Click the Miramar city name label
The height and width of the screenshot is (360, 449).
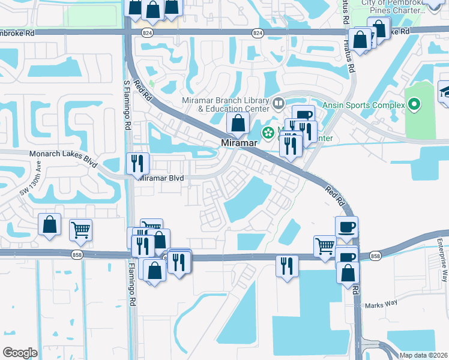coord(239,143)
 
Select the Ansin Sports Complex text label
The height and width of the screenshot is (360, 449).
coord(364,105)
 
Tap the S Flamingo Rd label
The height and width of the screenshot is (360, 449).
coord(127,106)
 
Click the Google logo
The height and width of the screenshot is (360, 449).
coord(20,353)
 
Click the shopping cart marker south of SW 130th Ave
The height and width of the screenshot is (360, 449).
coord(80,229)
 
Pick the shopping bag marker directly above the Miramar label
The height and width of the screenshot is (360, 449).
coord(238,124)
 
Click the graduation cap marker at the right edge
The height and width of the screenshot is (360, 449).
coord(445,92)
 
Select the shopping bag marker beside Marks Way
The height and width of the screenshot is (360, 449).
coord(348,273)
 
